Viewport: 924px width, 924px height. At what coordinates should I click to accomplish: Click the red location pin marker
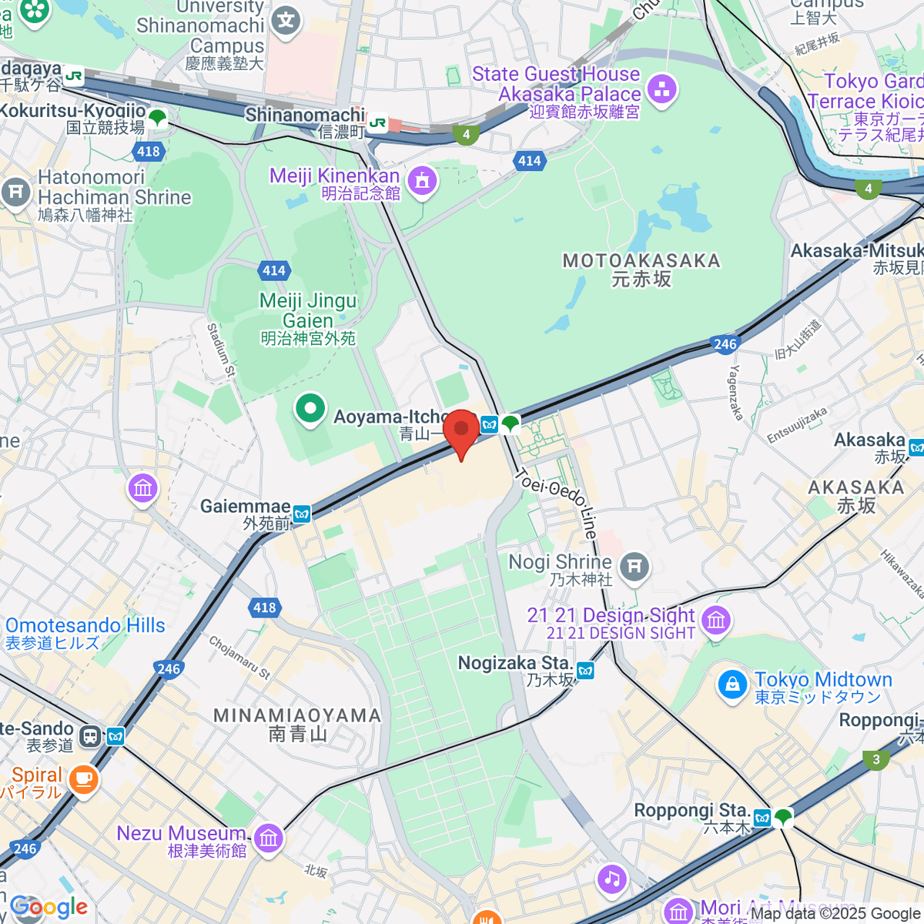(461, 430)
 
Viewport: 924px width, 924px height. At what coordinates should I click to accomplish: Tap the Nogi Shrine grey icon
(634, 567)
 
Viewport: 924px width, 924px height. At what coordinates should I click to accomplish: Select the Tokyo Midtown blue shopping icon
(731, 685)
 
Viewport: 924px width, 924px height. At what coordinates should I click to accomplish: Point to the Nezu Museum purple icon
(268, 838)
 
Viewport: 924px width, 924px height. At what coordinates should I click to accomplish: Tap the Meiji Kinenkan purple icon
(421, 182)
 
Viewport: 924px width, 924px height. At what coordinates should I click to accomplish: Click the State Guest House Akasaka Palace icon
(661, 89)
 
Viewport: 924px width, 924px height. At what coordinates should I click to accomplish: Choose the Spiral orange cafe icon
(83, 780)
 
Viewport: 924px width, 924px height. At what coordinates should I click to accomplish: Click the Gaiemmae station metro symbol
(302, 514)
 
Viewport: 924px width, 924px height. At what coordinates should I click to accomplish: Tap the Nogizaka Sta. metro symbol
(586, 671)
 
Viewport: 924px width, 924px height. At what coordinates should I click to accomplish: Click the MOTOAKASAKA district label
(641, 269)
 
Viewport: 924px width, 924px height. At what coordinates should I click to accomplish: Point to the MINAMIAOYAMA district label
(297, 725)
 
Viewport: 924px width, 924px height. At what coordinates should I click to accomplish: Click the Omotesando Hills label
(85, 633)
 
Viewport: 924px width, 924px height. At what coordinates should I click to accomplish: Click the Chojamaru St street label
(239, 657)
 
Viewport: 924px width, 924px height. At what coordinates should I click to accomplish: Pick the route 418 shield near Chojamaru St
(264, 608)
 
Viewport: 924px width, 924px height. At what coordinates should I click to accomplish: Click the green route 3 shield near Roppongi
(876, 760)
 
